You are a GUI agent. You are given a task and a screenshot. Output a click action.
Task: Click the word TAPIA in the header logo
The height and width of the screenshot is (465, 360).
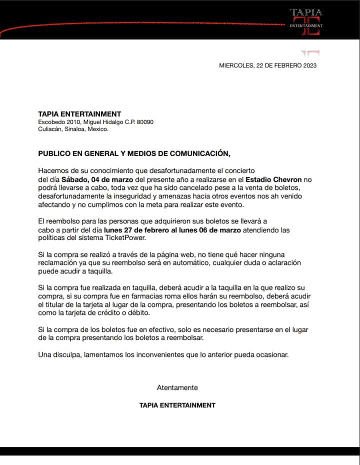click(306, 12)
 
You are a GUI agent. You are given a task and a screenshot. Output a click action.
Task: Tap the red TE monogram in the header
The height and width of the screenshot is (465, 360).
click(306, 27)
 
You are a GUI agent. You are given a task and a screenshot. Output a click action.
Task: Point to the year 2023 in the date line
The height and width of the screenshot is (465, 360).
click(310, 65)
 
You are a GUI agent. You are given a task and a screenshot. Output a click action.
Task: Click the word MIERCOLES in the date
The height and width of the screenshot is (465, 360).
click(236, 65)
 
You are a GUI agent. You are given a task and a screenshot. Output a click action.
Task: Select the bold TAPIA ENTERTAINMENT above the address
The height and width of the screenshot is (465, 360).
click(80, 114)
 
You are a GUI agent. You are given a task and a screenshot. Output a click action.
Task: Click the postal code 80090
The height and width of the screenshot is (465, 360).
click(145, 122)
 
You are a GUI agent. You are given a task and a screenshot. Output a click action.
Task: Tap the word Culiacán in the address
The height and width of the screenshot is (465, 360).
click(51, 129)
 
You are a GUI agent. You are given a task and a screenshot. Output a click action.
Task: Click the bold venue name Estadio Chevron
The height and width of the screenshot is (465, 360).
click(273, 179)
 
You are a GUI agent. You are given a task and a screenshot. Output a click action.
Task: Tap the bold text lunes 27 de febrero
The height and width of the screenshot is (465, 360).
click(137, 230)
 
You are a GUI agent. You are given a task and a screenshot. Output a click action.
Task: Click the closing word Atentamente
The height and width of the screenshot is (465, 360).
click(177, 387)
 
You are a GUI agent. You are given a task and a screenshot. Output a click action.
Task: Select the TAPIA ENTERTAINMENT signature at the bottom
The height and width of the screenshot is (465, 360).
click(177, 405)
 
